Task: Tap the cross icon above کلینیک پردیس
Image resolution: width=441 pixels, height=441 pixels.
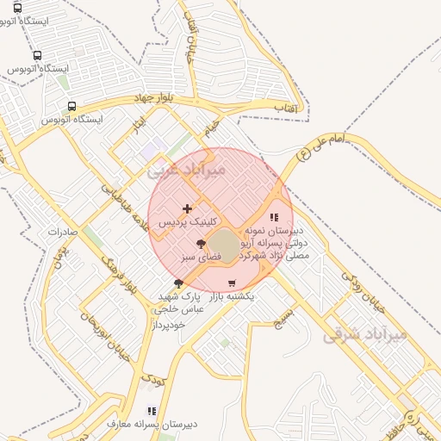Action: pyautogui.click(x=187, y=208)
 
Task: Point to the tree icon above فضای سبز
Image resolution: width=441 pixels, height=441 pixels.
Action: pyautogui.click(x=202, y=245)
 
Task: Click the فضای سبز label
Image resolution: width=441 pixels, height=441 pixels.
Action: pyautogui.click(x=202, y=257)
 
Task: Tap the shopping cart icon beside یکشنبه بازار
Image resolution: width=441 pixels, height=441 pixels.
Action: pyautogui.click(x=231, y=283)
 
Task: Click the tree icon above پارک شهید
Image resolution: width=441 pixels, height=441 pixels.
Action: pyautogui.click(x=178, y=283)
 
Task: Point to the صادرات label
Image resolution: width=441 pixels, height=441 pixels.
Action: pyautogui.click(x=63, y=232)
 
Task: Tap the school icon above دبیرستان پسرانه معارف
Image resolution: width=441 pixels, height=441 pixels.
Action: pyautogui.click(x=152, y=412)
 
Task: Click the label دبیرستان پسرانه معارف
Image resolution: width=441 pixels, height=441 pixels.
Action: pyautogui.click(x=152, y=425)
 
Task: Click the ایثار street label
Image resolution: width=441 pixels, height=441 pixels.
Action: pyautogui.click(x=138, y=127)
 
